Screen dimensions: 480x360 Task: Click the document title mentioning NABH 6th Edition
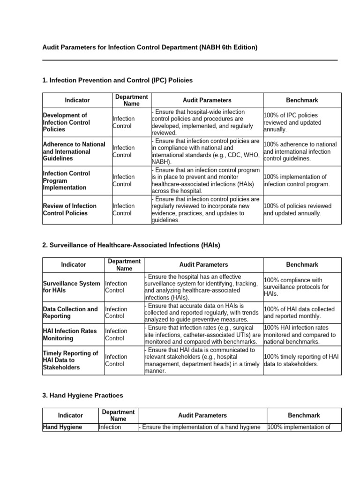150,48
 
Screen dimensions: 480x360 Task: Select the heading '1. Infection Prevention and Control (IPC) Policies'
117,80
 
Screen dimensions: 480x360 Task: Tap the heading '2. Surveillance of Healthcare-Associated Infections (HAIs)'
131,245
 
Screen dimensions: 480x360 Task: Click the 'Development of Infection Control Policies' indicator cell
66,122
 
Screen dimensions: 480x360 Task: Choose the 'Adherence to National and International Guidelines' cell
74,151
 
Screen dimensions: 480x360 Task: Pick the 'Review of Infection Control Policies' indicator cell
69,210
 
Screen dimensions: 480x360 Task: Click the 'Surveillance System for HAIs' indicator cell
71,287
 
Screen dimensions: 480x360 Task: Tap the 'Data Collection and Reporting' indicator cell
70,313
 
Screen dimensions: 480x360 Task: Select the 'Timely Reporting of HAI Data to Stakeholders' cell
70,360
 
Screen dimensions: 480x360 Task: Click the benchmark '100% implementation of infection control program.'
296,180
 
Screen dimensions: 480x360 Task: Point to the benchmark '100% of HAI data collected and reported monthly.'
299,313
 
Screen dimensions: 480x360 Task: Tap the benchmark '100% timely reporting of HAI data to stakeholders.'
300,360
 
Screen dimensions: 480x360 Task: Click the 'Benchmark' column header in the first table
302,100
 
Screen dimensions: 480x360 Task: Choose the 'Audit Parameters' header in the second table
203,265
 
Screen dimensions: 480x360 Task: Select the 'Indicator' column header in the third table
70,415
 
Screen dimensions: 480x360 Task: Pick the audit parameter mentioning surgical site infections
202,335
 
